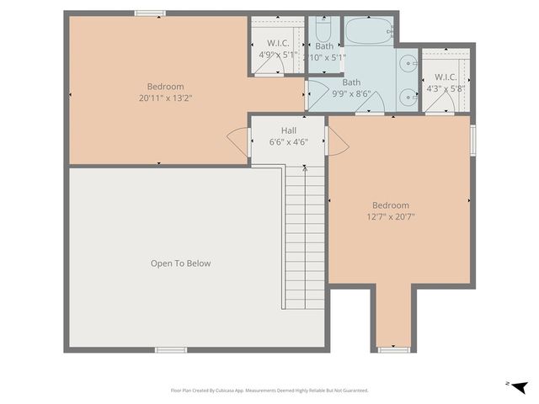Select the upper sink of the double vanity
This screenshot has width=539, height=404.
[x=408, y=62]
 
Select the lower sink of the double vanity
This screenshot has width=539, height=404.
[x=408, y=95]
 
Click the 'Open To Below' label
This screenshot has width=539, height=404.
[x=180, y=263]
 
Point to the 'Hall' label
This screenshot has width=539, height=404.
[x=288, y=130]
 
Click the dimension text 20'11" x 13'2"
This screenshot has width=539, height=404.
[x=165, y=98]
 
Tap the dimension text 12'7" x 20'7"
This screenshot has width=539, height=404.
[x=391, y=216]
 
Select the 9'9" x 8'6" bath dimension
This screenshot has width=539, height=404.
[x=351, y=93]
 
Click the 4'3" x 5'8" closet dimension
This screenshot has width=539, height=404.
[x=446, y=88]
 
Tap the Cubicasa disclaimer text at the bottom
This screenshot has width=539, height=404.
[x=269, y=391]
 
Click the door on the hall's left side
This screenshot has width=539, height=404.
[x=237, y=140]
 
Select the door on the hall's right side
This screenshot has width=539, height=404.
[x=337, y=141]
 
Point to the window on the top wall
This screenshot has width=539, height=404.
[x=150, y=13]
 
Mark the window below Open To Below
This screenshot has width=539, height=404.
[x=171, y=349]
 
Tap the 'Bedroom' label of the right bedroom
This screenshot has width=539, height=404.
[x=391, y=205]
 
